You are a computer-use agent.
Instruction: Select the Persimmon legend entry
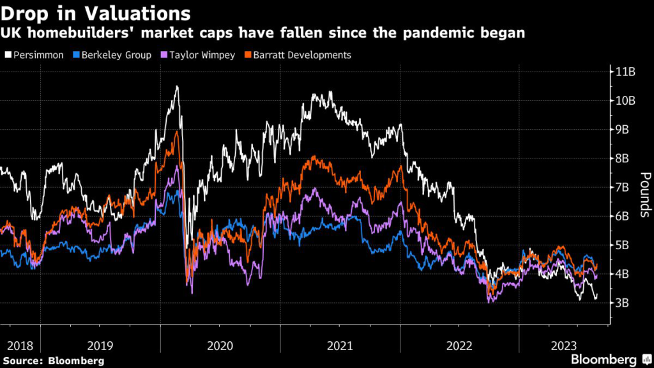point(38,55)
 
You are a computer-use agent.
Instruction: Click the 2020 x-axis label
point(220,346)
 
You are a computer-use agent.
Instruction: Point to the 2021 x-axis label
point(340,346)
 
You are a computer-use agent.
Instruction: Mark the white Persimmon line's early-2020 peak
point(176,86)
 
